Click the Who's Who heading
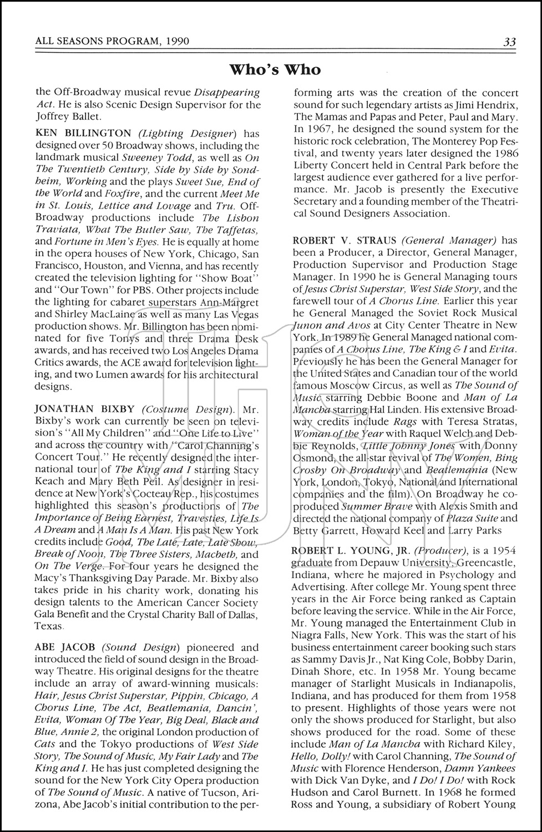click(275, 69)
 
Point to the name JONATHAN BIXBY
click(84, 409)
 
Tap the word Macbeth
click(216, 554)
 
